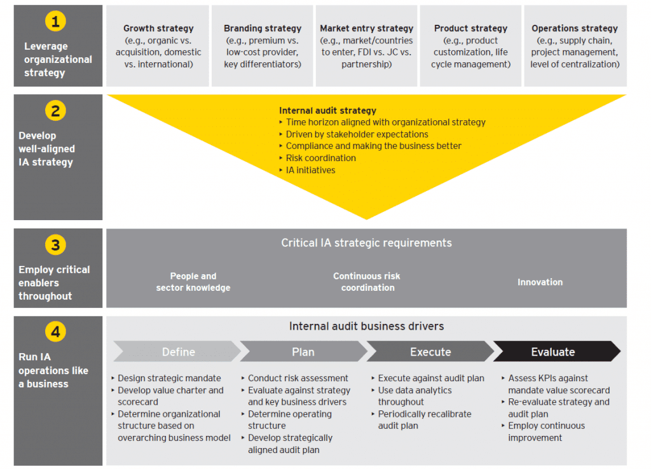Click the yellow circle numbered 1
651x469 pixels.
[x=55, y=22]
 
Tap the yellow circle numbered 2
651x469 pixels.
[x=55, y=111]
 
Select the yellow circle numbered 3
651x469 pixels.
[x=55, y=245]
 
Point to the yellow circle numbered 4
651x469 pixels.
[x=55, y=332]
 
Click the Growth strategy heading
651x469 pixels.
[x=158, y=29]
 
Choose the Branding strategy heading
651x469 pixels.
[x=263, y=29]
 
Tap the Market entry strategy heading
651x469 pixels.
[x=366, y=29]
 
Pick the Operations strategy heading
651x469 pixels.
[x=575, y=29]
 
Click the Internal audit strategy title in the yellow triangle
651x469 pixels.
[x=327, y=111]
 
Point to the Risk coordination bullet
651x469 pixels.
[x=320, y=158]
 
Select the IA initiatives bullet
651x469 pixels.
[x=310, y=170]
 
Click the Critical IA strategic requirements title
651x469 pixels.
[x=366, y=243]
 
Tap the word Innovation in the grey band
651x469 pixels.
[x=540, y=282]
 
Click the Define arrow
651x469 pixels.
[x=178, y=352]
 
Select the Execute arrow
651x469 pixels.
[x=430, y=352]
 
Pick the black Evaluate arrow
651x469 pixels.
[x=553, y=352]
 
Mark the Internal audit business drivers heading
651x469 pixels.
[x=366, y=326]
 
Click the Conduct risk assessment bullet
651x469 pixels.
[x=298, y=378]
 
